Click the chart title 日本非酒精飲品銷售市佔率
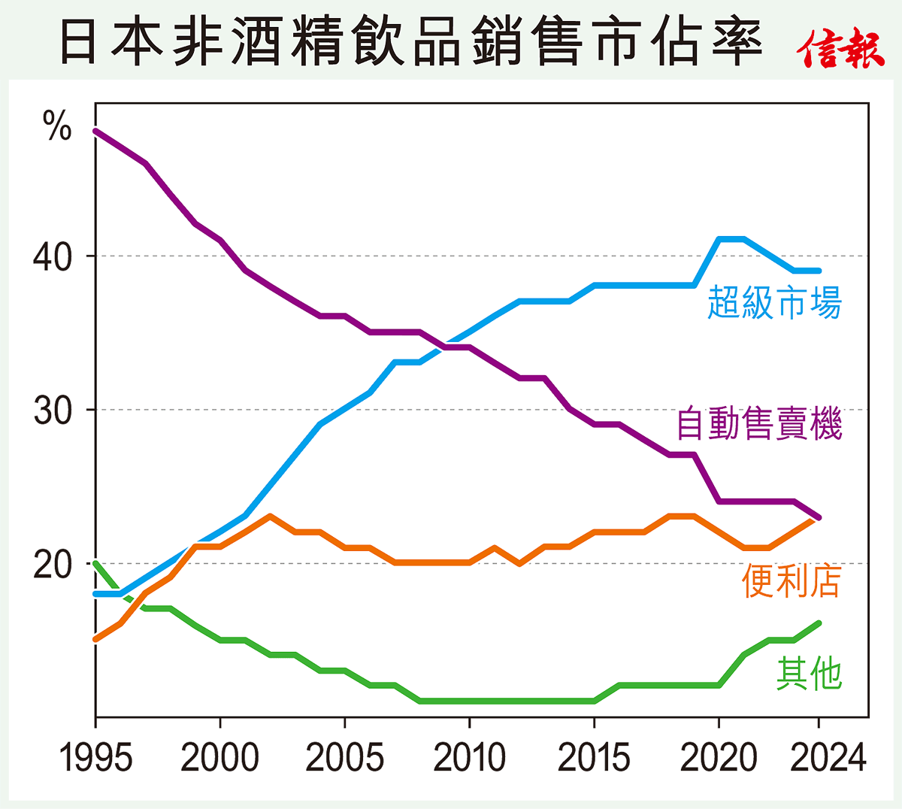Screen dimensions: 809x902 [x=410, y=42]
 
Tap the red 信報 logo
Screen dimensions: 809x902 [x=840, y=49]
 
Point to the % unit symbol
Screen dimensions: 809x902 [x=57, y=126]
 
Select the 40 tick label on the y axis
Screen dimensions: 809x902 [x=52, y=257]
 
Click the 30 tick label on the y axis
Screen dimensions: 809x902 [x=52, y=411]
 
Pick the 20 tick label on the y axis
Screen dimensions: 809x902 [x=52, y=565]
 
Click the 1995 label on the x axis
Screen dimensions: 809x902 [x=95, y=758]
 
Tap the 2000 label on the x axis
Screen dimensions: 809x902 [x=219, y=758]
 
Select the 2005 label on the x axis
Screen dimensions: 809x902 [x=344, y=758]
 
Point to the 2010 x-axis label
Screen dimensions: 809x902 [x=469, y=758]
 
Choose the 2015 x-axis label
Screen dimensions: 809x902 [x=594, y=758]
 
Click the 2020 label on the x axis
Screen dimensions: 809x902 [x=718, y=758]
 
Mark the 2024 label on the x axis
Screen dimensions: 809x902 [x=828, y=758]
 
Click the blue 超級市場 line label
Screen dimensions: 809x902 [x=774, y=302]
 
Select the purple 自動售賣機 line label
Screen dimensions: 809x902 [x=759, y=423]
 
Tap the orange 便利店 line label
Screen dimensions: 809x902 [x=791, y=582]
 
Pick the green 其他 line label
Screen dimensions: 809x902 [x=809, y=673]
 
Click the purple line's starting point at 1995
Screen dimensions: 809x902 [x=95, y=131]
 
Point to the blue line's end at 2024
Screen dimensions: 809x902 [x=819, y=271]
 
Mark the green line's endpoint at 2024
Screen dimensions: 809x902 [x=819, y=623]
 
